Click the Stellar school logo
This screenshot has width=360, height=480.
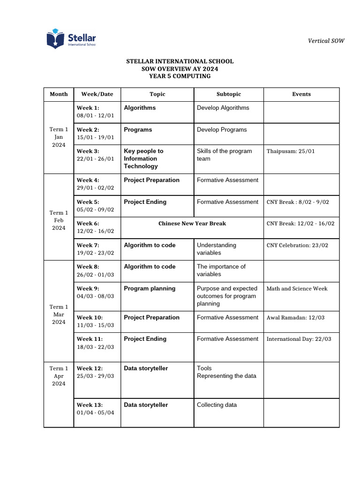tap(71, 39)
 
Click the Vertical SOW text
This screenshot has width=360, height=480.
tap(326, 41)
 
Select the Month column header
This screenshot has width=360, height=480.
tap(59, 94)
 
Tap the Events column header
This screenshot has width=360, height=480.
tap(301, 94)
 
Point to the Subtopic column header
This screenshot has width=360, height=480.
tap(229, 94)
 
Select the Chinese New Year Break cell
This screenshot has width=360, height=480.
tap(192, 224)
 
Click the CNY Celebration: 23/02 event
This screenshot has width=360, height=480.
tap(297, 245)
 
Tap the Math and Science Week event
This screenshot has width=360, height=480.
tap(297, 289)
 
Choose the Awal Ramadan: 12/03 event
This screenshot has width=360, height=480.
tap(295, 318)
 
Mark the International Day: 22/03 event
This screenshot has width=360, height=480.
tap(299, 339)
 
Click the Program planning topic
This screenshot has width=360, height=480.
tap(150, 289)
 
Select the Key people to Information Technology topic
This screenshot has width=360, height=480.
tap(143, 158)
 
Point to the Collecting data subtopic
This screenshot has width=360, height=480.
tap(217, 405)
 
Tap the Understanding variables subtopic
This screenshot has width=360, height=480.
tap(217, 249)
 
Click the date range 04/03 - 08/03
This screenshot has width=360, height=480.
tap(95, 296)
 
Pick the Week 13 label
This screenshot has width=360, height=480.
tap(90, 405)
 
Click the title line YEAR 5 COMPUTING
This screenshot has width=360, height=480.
tap(180, 76)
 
